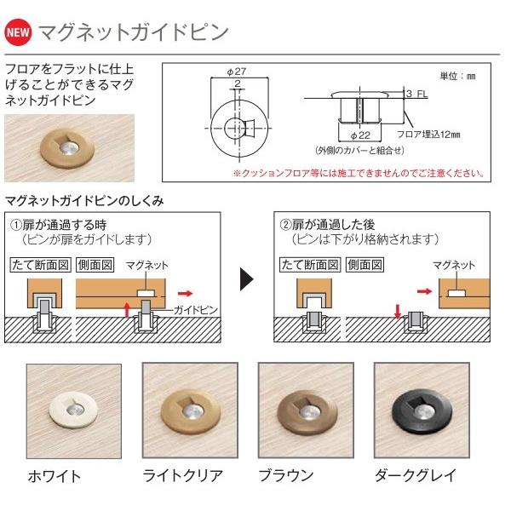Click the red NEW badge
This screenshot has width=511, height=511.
(x=19, y=34)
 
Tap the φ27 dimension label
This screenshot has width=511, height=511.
(x=237, y=72)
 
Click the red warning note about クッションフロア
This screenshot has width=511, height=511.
(x=358, y=173)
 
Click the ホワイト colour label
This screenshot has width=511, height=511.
(x=54, y=475)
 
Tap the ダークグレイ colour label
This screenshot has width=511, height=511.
(x=414, y=475)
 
